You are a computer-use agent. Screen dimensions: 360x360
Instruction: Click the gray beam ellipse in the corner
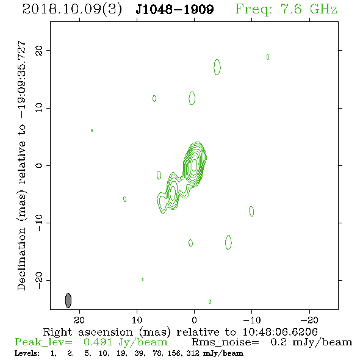[x=68, y=300]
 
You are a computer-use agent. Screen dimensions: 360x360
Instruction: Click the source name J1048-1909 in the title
[x=175, y=9]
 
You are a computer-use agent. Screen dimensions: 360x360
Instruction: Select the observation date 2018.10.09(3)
[x=72, y=10]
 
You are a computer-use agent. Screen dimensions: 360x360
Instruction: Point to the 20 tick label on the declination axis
[x=39, y=51]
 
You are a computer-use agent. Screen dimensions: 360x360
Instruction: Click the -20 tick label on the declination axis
[x=39, y=281]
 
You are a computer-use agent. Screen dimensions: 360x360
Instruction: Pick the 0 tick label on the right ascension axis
[x=194, y=320]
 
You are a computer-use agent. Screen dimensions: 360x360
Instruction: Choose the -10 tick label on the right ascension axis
[x=252, y=320]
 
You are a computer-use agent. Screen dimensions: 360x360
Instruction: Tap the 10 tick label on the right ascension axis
[x=137, y=320]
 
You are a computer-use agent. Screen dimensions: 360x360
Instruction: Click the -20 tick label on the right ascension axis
[x=309, y=320]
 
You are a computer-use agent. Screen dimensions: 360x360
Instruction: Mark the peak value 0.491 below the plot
[x=98, y=342]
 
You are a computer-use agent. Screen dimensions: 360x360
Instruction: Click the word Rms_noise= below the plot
[x=225, y=342]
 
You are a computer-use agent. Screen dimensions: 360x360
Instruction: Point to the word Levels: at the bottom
[x=27, y=353]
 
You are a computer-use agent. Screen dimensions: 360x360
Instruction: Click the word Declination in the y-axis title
[x=21, y=259]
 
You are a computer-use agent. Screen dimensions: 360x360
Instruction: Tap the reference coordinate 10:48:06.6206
[x=280, y=332]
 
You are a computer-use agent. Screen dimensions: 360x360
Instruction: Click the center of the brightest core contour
[x=194, y=164]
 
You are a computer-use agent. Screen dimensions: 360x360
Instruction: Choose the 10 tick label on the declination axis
[x=39, y=108]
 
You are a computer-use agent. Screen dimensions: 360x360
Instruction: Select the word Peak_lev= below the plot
[x=43, y=342]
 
